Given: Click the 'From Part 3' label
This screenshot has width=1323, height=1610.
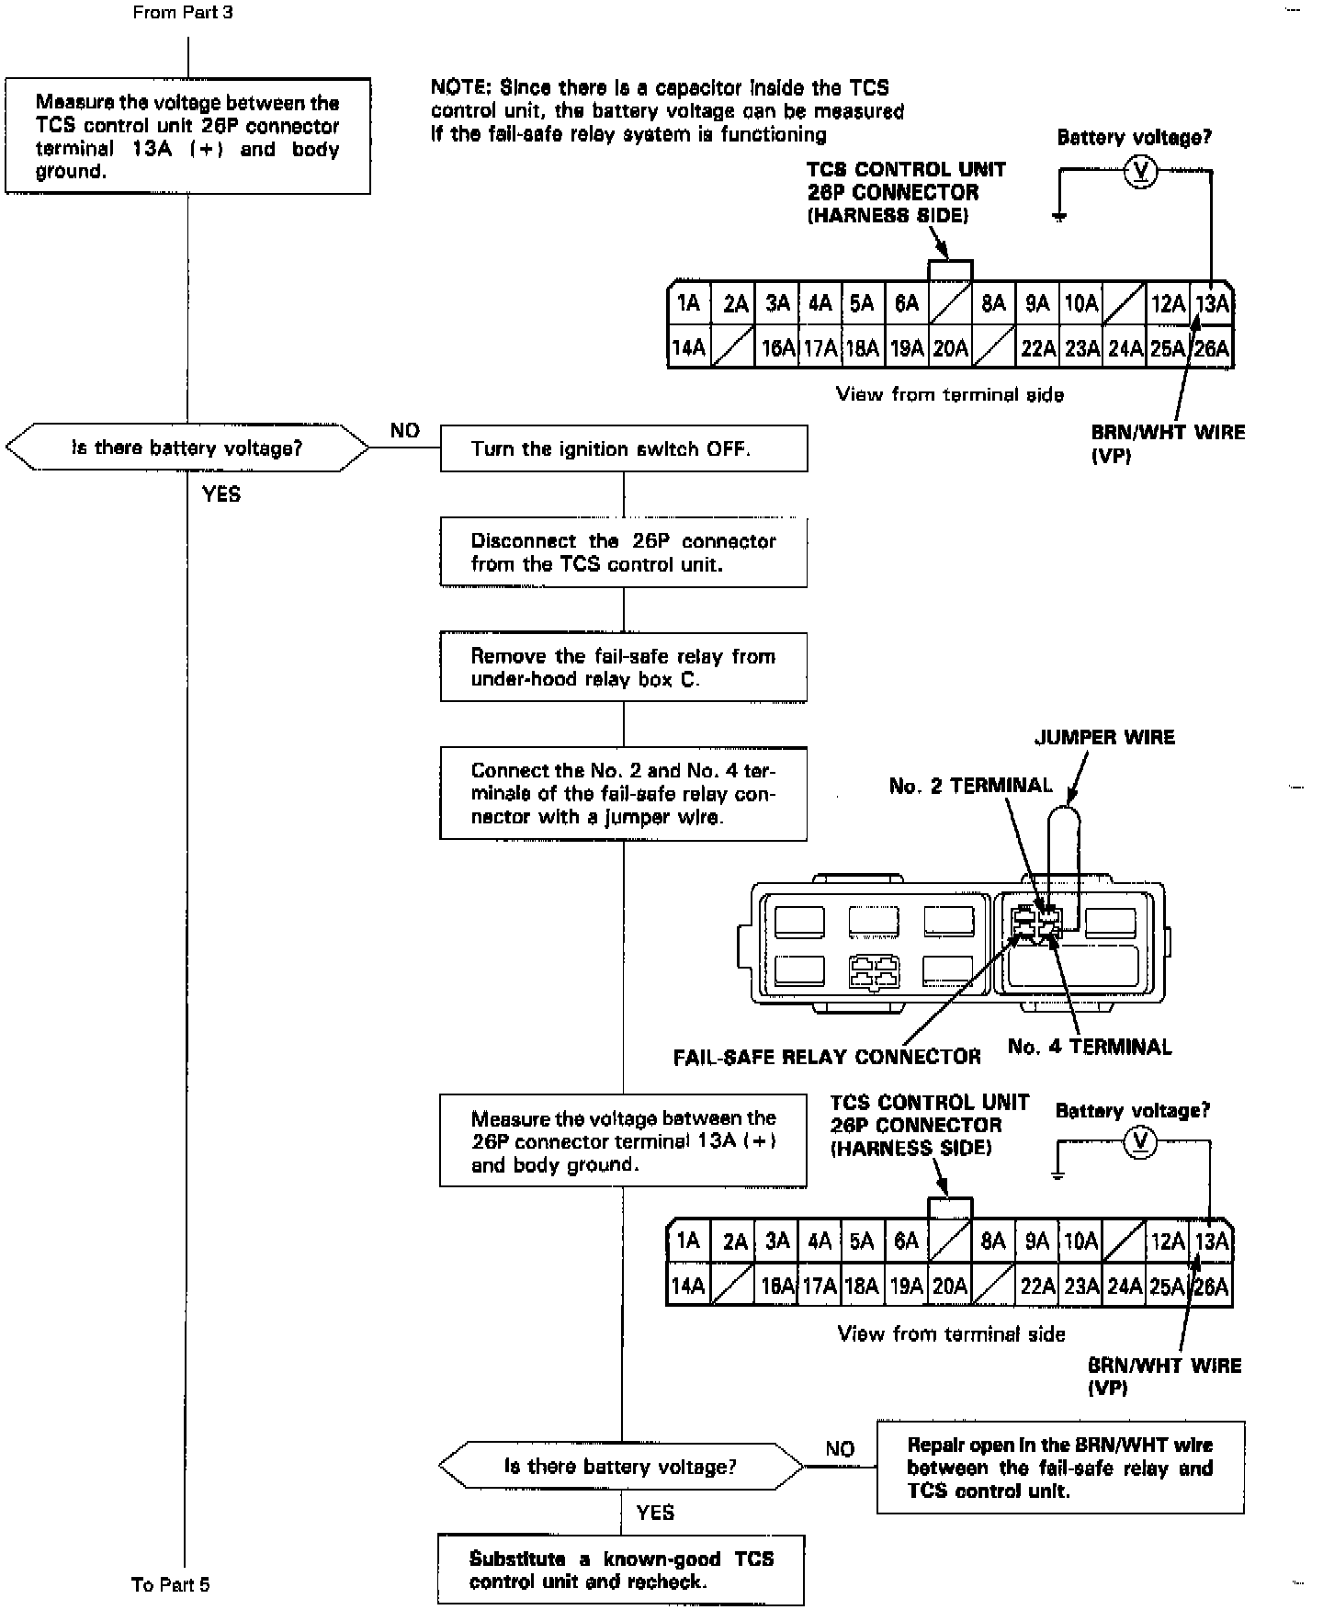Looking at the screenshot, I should pos(183,13).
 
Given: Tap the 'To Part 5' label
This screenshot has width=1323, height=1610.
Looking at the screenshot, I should pos(170,1583).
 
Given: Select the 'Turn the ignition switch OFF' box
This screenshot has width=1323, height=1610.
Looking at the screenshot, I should pos(623,448).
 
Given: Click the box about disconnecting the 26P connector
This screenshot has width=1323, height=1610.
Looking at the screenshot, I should pos(623,552).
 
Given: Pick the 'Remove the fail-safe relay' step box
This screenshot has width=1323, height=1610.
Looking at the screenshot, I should pos(623,667).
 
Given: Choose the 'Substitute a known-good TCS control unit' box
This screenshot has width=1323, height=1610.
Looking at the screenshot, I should pos(621,1570).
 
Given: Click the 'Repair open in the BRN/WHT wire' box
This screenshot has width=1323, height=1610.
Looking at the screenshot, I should pos(1060,1468).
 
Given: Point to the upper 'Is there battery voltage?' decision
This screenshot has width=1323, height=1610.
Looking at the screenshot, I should pos(187,448).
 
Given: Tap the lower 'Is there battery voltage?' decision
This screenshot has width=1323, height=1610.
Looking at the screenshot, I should pos(621,1466).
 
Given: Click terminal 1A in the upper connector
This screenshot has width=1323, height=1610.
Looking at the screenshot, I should pos(688,303).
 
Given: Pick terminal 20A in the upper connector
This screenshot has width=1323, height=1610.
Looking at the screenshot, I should pos(950,348).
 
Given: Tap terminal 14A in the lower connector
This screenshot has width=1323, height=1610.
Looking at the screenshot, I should pos(687,1285).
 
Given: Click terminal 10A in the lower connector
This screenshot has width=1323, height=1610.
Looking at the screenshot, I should pos(1080,1242).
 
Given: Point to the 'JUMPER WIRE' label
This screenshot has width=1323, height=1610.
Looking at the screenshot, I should pos(1104,737).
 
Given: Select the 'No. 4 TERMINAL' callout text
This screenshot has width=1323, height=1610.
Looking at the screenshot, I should pos(1090,1046).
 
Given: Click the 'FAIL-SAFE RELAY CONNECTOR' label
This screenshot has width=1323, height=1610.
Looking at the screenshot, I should pos(827,1057).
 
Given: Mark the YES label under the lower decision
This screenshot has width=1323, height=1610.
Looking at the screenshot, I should pos(655,1512).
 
